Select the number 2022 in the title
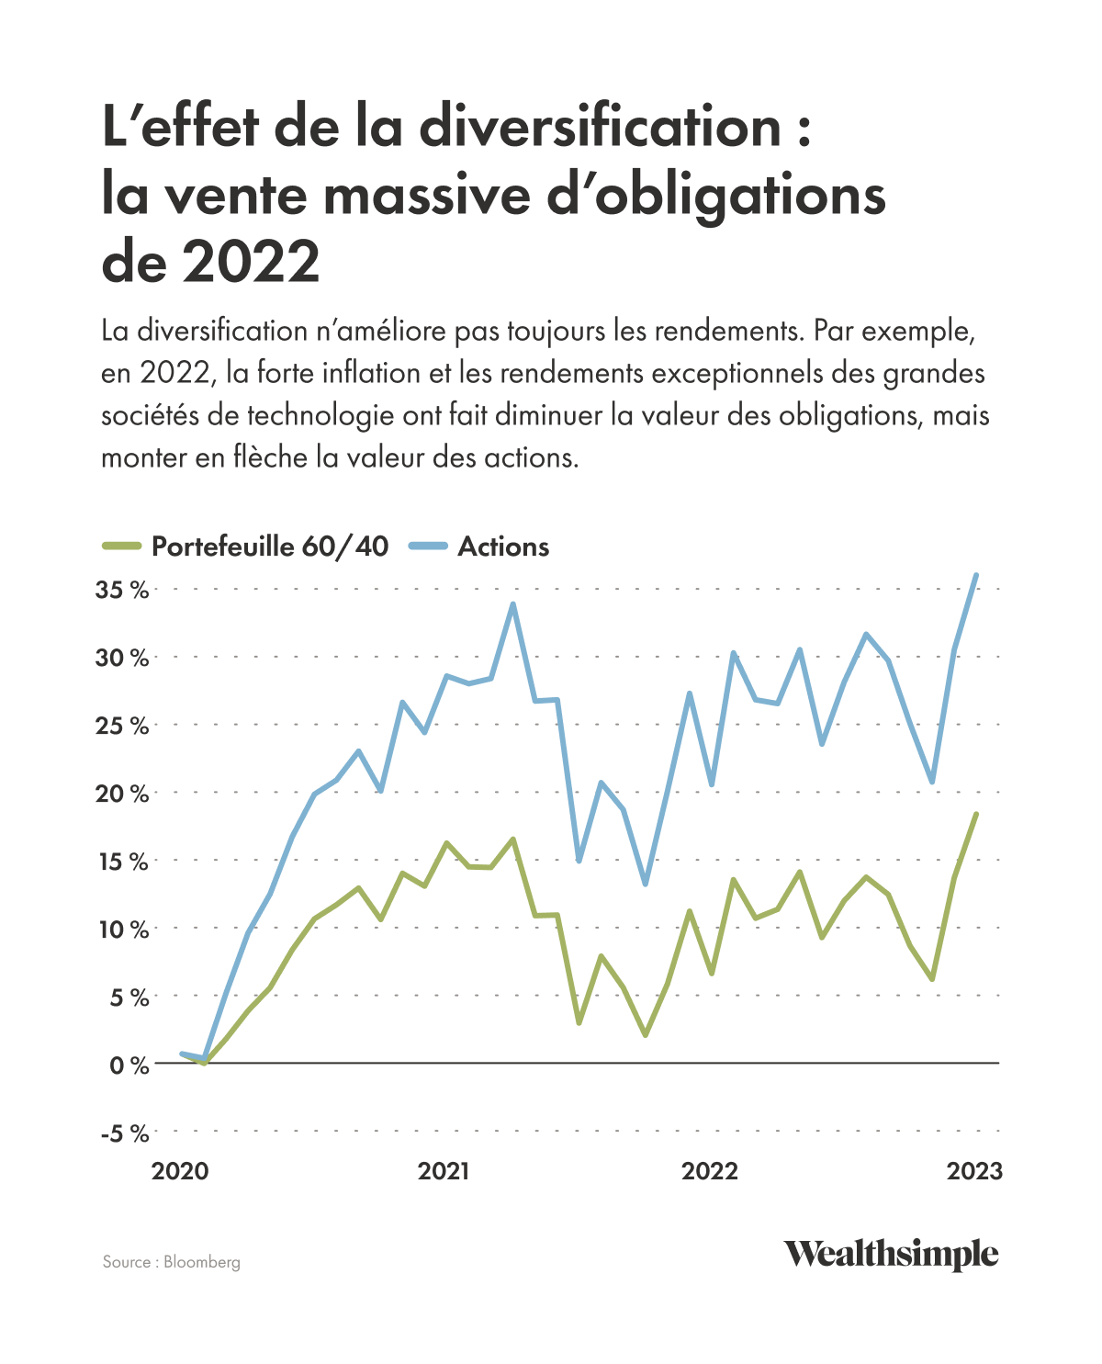click(250, 262)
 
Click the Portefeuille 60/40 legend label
click(269, 547)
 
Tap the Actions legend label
click(503, 547)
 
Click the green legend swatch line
click(121, 547)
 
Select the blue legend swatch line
click(427, 547)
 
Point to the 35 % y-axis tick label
click(122, 590)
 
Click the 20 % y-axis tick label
click(122, 794)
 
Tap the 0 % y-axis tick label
click(128, 1065)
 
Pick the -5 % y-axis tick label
click(124, 1133)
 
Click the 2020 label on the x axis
click(180, 1171)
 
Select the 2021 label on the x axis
click(444, 1171)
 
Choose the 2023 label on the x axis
click(975, 1171)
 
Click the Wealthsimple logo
click(890, 1254)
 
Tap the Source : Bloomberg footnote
click(172, 1262)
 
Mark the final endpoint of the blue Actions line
click(976, 575)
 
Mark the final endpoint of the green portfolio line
click(976, 814)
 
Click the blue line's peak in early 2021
click(512, 603)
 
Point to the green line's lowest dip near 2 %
click(645, 1035)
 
